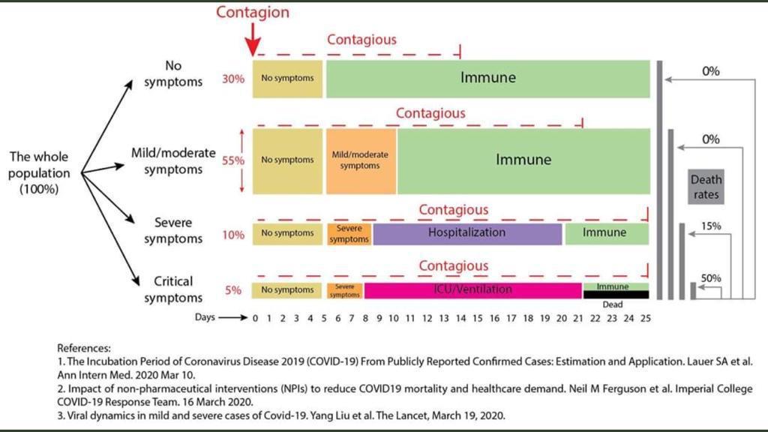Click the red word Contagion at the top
[253, 12]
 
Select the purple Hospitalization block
[467, 233]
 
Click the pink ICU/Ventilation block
[472, 289]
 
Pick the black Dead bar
[616, 295]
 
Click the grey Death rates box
[706, 187]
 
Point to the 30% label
[233, 79]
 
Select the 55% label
[234, 160]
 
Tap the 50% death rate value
[711, 278]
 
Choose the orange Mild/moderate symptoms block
[360, 160]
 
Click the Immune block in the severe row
[606, 233]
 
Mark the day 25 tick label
[645, 318]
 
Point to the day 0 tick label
[255, 318]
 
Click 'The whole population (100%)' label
[39, 173]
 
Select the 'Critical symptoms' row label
[173, 289]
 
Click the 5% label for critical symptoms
[233, 290]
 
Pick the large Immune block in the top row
[487, 78]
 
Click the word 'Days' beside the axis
[205, 317]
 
